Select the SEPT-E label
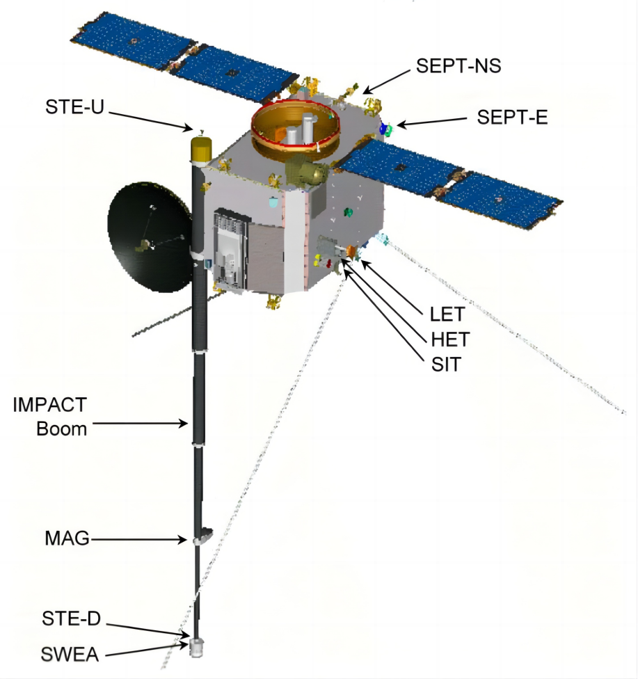512,117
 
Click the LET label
447,314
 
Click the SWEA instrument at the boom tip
198,646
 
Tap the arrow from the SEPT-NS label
387,80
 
